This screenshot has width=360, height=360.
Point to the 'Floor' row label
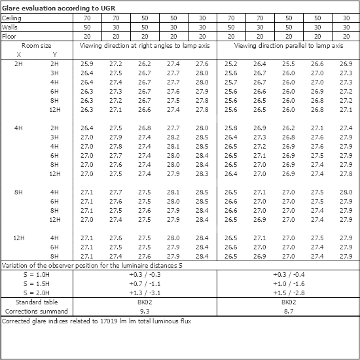[10, 37]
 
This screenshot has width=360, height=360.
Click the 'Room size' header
[36, 46]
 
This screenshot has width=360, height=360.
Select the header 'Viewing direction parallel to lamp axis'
[289, 46]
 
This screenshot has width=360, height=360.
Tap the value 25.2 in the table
[230, 63]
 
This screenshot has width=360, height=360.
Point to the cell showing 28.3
[202, 173]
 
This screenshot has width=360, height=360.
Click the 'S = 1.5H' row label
[37, 284]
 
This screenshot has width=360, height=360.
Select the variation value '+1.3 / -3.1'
[144, 293]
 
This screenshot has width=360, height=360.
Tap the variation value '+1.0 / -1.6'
[288, 284]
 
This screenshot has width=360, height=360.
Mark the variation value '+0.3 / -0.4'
[288, 275]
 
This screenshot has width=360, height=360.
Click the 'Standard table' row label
[37, 303]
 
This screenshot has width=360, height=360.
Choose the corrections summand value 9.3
[144, 312]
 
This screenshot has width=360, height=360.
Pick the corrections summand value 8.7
[288, 312]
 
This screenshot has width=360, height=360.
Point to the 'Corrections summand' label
[37, 312]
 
